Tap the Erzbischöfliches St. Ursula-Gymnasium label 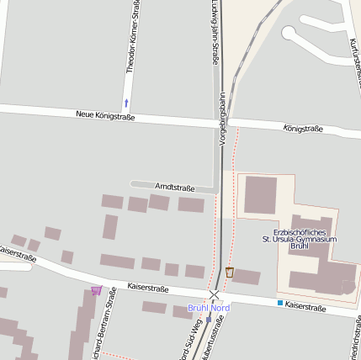point(305,240)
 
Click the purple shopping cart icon point(97,291)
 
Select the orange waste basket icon point(230,272)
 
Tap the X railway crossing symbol point(215,294)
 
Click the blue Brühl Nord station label point(208,308)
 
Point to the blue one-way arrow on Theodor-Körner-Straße point(126,103)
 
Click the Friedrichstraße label point(351,340)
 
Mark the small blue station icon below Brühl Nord point(209,319)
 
